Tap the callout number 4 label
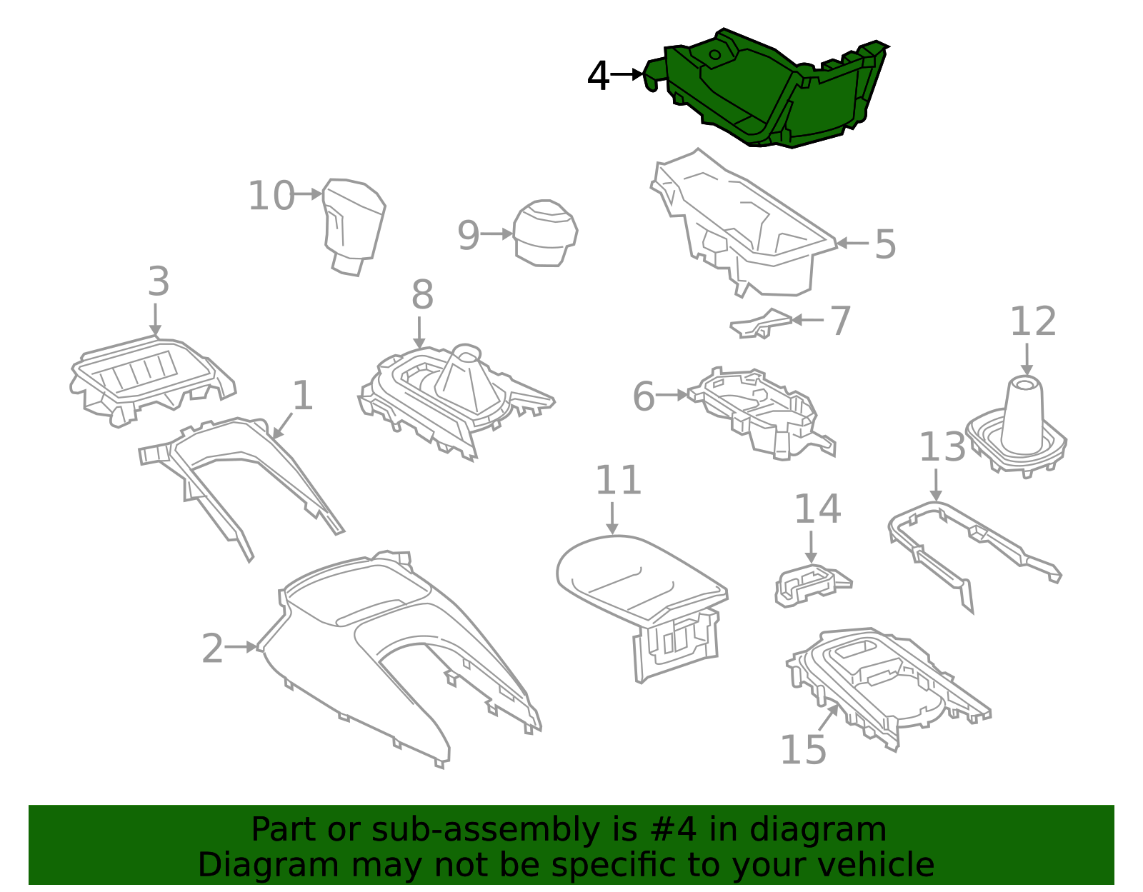598,76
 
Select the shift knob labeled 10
353,221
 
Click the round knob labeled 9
545,233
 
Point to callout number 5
884,244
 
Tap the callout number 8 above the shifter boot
422,294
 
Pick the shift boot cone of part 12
1023,418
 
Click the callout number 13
942,448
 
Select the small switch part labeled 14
811,583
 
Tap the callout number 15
802,749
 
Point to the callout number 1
303,395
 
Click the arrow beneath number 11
612,517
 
